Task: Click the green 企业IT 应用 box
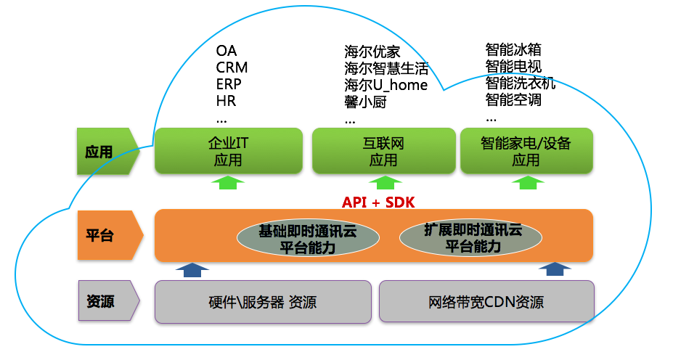(228, 151)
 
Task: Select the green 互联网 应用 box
(383, 151)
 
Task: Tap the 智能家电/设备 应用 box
(526, 151)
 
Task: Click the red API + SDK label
(378, 202)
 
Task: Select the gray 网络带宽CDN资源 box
(486, 302)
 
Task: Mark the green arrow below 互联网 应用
(383, 183)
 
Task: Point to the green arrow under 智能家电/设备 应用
(526, 183)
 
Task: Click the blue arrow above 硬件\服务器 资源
(192, 270)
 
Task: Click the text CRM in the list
(232, 67)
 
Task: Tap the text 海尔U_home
(386, 85)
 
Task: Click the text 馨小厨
(365, 102)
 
